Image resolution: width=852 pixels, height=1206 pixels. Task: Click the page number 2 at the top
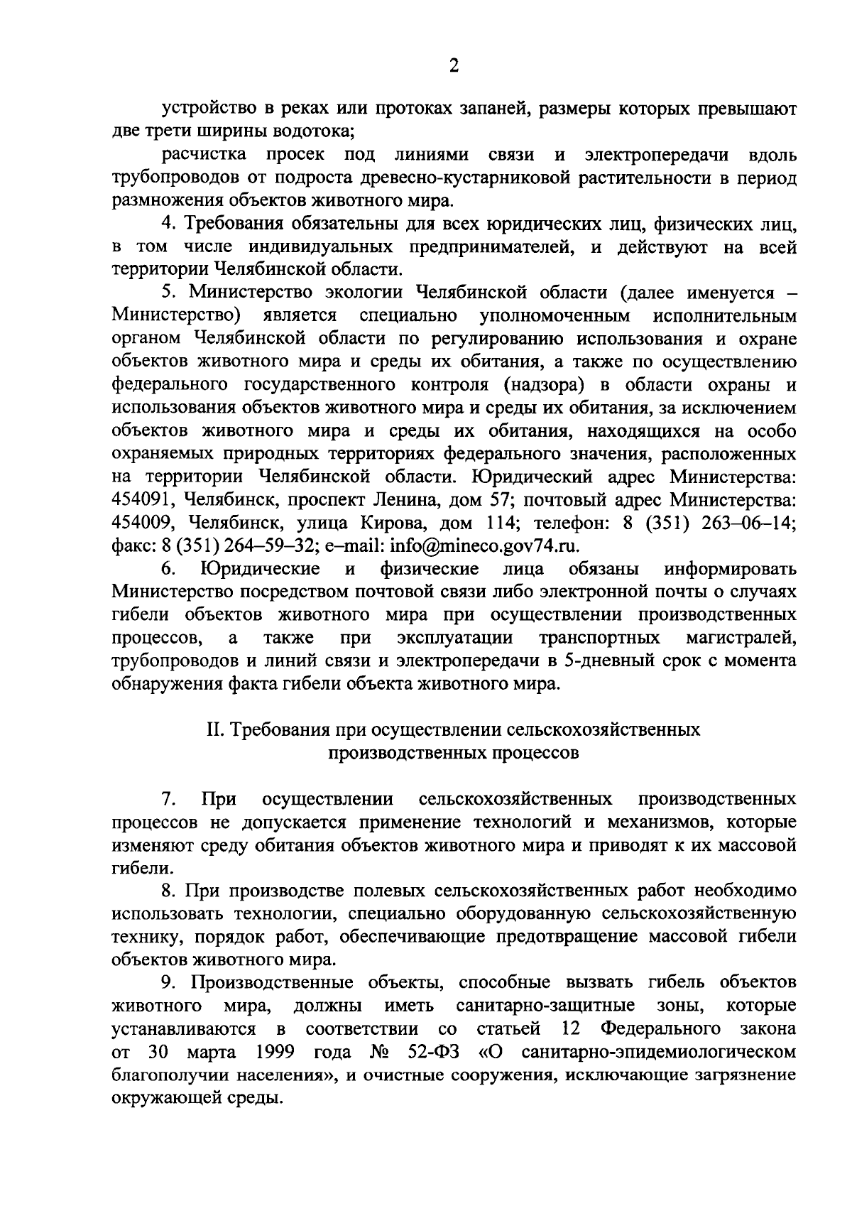(454, 66)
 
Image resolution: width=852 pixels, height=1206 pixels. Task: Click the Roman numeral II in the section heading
(212, 730)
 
